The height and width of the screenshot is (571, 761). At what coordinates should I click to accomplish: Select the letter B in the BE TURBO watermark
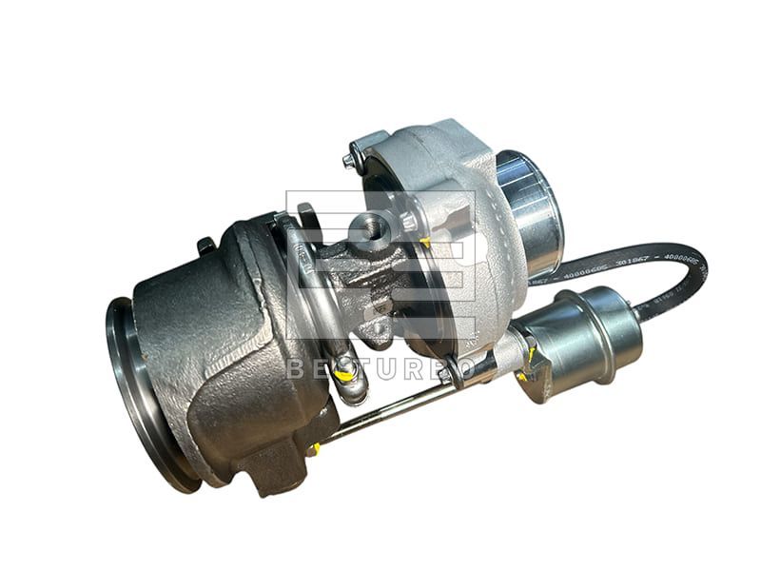pos(294,369)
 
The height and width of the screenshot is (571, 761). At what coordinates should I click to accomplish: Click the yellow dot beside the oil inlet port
pos(423,243)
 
